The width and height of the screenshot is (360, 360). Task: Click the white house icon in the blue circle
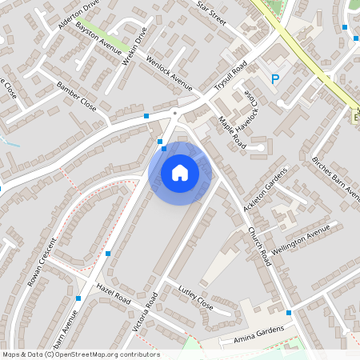tap(180, 173)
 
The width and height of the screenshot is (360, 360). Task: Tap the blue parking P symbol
tap(275, 79)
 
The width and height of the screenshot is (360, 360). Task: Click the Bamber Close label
tap(77, 95)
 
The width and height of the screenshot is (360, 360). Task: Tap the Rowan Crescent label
tap(42, 262)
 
